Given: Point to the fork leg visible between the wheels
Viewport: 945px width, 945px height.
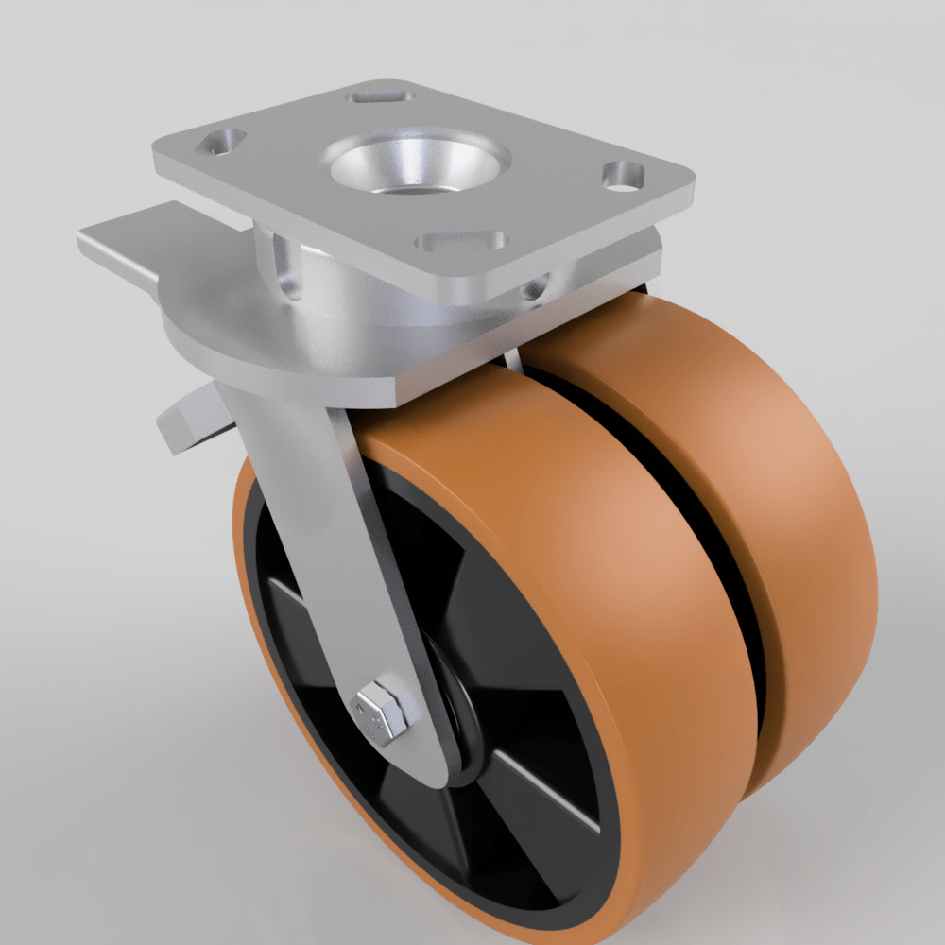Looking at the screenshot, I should pyautogui.click(x=512, y=360).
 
